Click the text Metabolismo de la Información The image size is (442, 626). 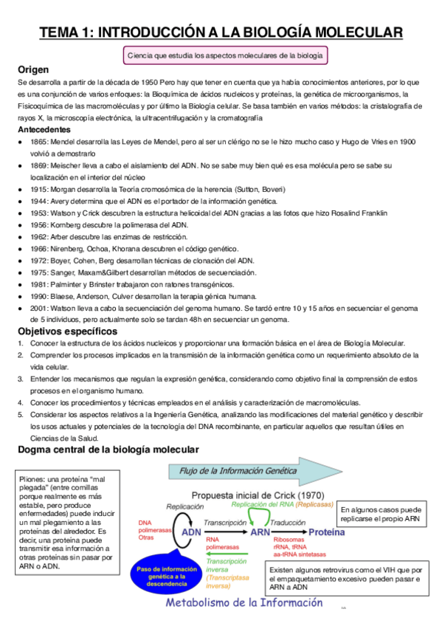pos(244,603)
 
